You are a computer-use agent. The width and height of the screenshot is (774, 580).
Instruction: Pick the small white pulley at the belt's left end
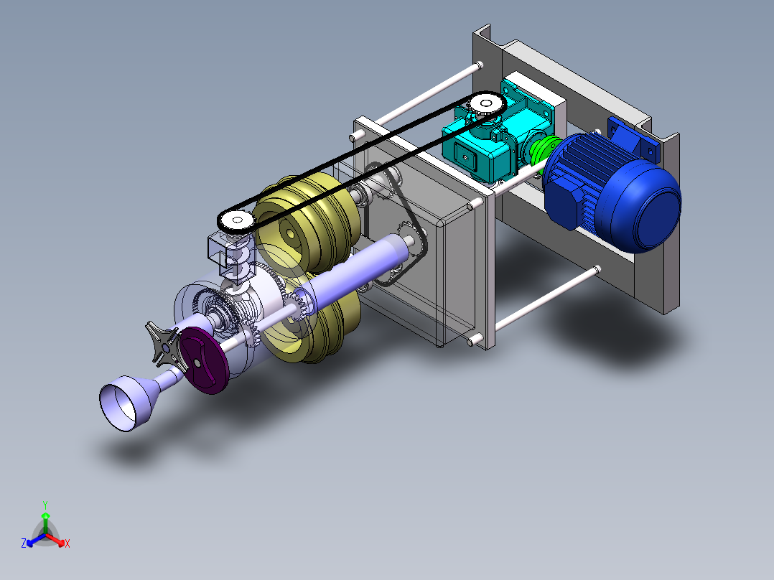[235, 220]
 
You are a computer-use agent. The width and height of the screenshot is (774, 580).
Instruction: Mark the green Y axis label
[45, 504]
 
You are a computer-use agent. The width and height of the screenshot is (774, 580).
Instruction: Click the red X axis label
[67, 544]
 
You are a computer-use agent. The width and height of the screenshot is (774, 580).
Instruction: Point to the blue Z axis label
[24, 544]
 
